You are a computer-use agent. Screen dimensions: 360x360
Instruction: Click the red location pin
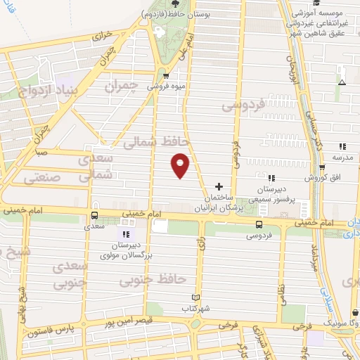coord(181,165)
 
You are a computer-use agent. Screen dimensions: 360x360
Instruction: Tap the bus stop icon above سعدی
coord(95,217)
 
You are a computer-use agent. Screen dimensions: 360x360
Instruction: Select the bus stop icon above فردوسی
coord(259,225)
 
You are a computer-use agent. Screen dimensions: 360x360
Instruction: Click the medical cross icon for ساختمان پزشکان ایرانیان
coord(219,186)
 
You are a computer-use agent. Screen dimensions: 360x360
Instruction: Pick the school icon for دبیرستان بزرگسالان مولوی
coord(126,234)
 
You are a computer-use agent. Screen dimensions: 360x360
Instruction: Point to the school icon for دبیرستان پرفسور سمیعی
coord(271,179)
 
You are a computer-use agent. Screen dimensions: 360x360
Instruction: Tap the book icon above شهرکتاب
coord(195,298)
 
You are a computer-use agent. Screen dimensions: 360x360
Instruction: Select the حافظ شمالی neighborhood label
coord(148,143)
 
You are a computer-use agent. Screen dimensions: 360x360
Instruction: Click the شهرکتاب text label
coord(196,309)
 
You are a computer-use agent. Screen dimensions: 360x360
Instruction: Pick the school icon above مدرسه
coord(342,146)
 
